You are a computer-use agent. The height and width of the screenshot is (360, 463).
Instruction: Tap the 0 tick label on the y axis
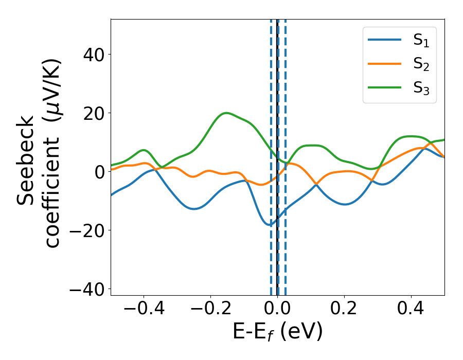pos(99,171)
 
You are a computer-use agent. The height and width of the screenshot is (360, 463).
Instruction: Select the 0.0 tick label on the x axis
pos(277,309)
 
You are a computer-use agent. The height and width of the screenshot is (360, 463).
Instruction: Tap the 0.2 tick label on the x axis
pos(344,309)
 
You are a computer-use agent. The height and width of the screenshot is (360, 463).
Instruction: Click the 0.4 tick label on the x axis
pos(411,309)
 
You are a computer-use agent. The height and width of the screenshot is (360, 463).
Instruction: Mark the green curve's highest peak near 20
pos(226,113)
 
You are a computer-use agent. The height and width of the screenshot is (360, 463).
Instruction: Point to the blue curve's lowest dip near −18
pos(269,225)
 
